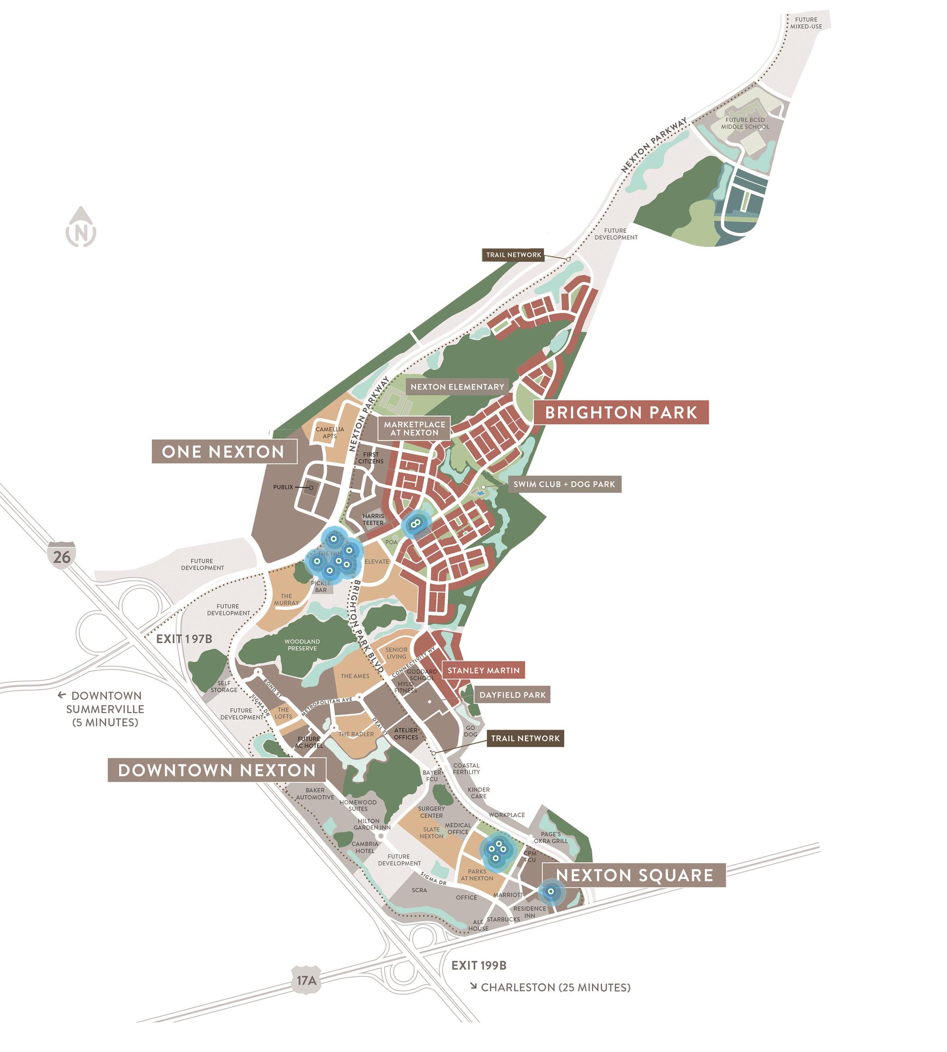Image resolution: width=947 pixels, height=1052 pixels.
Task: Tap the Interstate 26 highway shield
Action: coord(61,555)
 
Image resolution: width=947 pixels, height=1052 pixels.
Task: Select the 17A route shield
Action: coord(307,980)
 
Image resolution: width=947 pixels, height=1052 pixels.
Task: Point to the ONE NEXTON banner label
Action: coord(224,451)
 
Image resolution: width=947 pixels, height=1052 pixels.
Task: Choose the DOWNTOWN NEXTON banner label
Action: coord(216,770)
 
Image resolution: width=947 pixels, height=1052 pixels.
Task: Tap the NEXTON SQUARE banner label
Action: coord(634,875)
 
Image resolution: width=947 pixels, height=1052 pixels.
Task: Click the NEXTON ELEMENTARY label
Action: coord(457,387)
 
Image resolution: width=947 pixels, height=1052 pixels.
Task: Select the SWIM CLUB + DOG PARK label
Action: coord(564,484)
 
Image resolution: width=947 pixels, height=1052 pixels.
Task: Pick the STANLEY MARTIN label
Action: coord(483,671)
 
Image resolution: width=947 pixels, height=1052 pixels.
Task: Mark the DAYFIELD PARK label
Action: coord(513,695)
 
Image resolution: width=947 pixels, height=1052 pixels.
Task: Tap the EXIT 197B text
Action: coord(184,639)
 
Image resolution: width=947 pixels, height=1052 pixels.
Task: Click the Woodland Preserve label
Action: coord(302,645)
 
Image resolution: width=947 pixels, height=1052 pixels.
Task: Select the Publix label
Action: coord(283,487)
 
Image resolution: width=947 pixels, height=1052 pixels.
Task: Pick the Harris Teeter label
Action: coord(373,519)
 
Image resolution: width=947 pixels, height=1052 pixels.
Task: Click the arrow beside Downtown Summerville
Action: coord(61,695)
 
